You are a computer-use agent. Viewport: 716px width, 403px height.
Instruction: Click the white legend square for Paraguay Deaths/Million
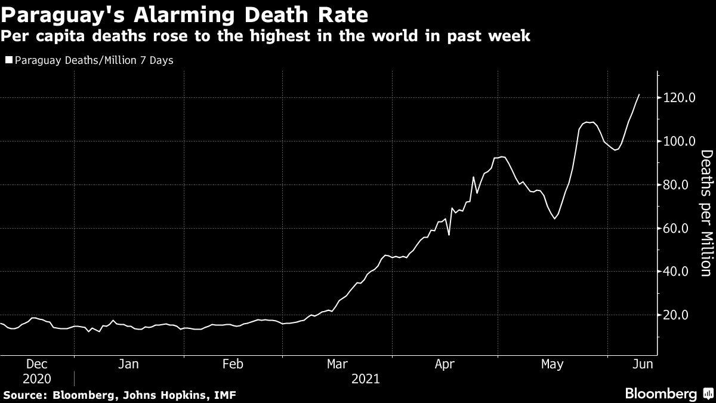point(9,60)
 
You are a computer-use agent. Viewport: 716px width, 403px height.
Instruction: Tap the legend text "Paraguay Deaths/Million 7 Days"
point(94,60)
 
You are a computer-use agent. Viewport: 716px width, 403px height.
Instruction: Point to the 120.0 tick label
point(680,98)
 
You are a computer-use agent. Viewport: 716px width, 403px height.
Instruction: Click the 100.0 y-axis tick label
point(680,141)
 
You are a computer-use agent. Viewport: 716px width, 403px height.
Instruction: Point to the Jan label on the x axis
point(129,364)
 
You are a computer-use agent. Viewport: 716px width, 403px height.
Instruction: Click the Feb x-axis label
point(232,364)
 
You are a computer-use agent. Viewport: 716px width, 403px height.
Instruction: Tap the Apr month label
point(446,364)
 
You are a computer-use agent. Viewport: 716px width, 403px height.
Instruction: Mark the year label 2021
point(366,379)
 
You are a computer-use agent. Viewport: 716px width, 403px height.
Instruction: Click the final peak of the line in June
point(639,94)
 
